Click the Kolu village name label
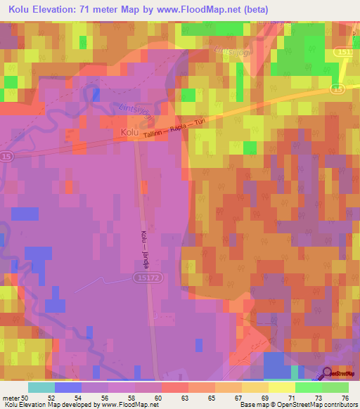coord(129,132)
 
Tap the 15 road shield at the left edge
coord(6,155)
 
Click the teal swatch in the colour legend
coord(41,387)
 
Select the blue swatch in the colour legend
coord(68,387)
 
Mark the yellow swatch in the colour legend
coord(282,387)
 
